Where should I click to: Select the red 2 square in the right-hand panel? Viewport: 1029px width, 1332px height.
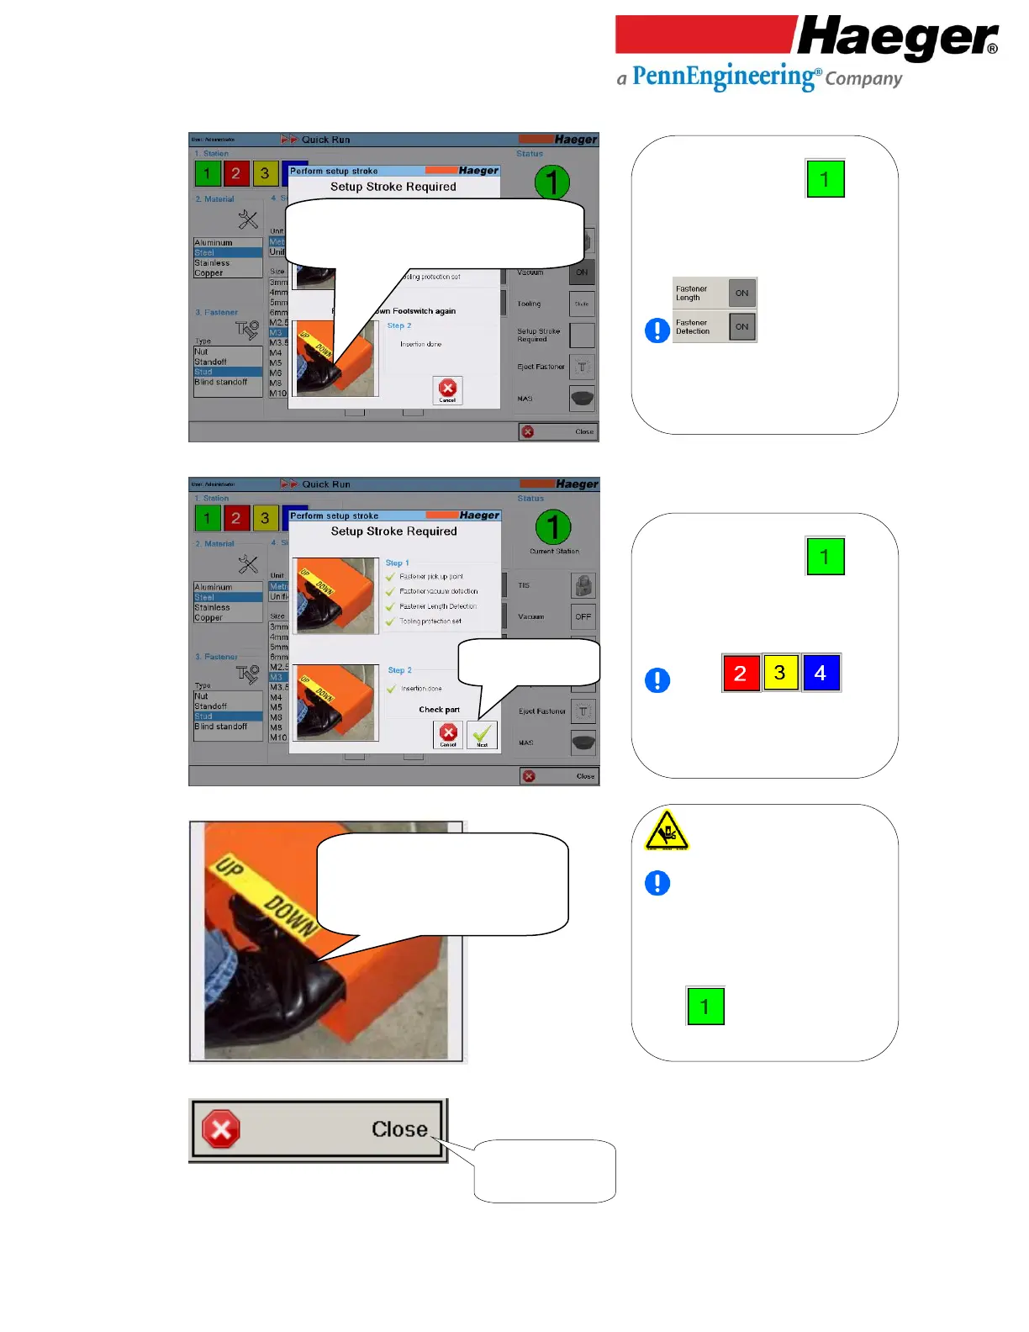click(x=741, y=673)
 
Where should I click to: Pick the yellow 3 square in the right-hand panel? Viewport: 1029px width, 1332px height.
click(x=780, y=673)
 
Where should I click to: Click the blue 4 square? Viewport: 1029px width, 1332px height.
click(x=821, y=673)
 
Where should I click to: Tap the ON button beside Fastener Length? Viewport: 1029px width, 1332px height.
click(x=741, y=293)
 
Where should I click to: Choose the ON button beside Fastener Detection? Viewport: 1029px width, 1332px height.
click(x=741, y=327)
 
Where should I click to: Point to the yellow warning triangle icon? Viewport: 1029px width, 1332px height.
click(x=667, y=831)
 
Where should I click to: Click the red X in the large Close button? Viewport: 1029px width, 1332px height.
click(x=221, y=1129)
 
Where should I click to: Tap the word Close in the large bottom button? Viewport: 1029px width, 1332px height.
click(x=399, y=1129)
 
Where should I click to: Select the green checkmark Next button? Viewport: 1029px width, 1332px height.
click(x=482, y=735)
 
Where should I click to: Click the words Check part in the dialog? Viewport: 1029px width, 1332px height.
click(x=439, y=710)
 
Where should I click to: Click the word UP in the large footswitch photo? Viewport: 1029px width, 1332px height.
click(x=229, y=866)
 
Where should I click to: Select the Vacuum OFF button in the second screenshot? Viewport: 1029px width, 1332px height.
click(x=583, y=616)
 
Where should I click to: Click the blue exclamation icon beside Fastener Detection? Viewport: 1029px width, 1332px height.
click(x=657, y=330)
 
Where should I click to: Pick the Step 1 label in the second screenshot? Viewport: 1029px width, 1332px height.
click(x=398, y=563)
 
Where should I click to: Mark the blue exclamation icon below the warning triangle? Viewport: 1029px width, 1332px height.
click(x=657, y=883)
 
